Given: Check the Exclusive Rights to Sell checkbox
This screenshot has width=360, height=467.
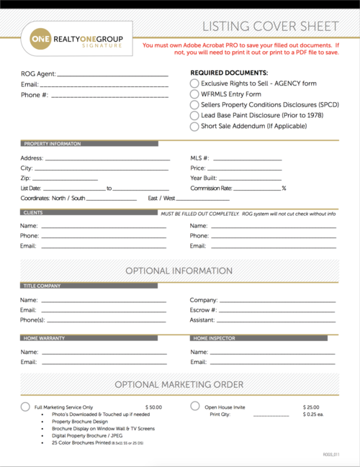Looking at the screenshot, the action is coord(194,83).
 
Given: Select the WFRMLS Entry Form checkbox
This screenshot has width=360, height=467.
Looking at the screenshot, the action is coord(194,94).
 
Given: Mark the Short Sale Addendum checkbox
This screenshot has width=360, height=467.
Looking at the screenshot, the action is coord(194,126).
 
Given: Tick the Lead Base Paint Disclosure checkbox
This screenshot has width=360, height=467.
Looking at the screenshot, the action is coord(194,115).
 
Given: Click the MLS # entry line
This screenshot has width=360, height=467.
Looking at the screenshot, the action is coord(247,159).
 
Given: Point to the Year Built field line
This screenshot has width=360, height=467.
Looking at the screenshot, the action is coord(247,178).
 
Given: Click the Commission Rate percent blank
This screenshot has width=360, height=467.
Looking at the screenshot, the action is coord(257,189).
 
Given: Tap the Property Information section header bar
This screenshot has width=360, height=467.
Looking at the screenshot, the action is coord(89,144).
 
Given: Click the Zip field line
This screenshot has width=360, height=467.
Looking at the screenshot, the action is coord(66,178).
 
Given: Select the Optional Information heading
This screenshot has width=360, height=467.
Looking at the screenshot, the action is coord(179,271).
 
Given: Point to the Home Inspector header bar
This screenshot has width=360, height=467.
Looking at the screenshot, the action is coord(264,337).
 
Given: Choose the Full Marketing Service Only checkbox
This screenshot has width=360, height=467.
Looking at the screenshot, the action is coord(25,407).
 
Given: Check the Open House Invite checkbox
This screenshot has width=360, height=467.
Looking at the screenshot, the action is coord(194,407).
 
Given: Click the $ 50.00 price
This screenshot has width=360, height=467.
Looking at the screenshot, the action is coord(153,407).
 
